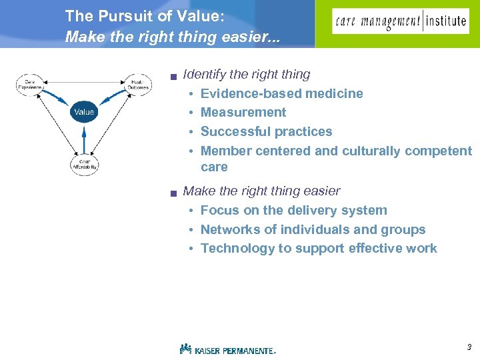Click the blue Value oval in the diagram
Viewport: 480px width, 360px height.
point(84,112)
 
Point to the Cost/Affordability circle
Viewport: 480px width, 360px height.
point(84,164)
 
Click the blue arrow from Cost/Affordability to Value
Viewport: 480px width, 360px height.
point(84,139)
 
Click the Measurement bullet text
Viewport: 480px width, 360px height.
point(243,112)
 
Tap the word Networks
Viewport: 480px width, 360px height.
point(229,229)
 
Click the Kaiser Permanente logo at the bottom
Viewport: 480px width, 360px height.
point(227,349)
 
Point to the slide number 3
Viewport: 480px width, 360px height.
point(469,347)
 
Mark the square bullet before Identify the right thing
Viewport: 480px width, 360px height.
point(173,77)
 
